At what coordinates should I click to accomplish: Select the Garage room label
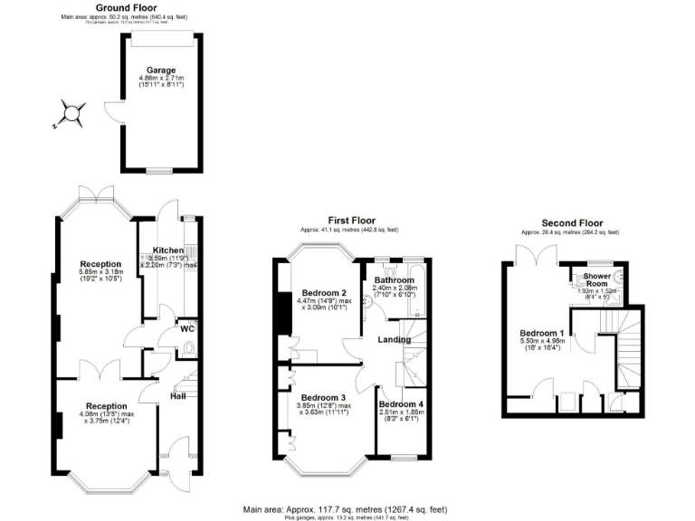pos(163,70)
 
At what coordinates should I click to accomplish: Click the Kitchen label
pos(168,250)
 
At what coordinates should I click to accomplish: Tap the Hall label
pos(178,395)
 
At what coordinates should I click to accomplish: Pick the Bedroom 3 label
pos(324,398)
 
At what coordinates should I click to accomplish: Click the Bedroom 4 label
pos(401,403)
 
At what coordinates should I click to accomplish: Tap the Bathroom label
pos(394,280)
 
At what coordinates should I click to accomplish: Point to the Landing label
pos(395,340)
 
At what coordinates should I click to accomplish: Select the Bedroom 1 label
pos(542,333)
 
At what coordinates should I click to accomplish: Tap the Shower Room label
pos(597,279)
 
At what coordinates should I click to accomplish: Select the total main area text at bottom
pos(347,509)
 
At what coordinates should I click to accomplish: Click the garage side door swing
pos(112,112)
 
